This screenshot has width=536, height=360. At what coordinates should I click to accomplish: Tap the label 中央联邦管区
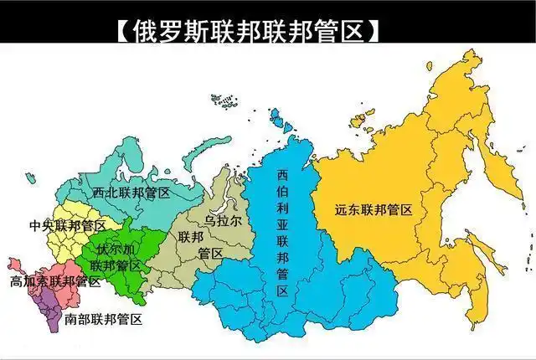pyautogui.click(x=67, y=226)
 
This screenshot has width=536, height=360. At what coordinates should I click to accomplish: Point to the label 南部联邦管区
pyautogui.click(x=102, y=320)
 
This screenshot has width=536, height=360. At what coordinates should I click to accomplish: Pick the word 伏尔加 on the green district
pyautogui.click(x=116, y=249)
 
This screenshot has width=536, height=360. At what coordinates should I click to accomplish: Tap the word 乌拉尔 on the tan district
pyautogui.click(x=223, y=220)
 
